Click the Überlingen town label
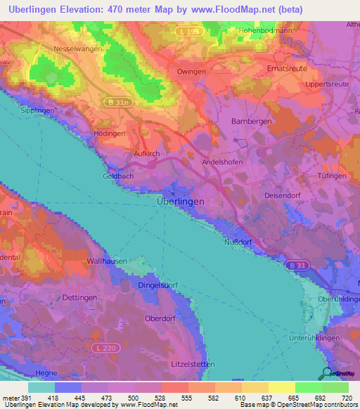coord(180,201)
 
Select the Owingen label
coord(192,72)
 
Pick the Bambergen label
coord(252,121)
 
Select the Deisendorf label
coord(283,195)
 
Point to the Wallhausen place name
coord(106,261)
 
